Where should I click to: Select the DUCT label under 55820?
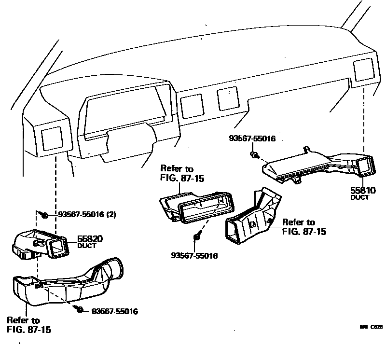coord(87,245)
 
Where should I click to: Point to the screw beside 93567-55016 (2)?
coord(44,214)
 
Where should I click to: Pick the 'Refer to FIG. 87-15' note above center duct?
coord(181,174)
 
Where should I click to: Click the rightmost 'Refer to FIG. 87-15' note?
coord(304,227)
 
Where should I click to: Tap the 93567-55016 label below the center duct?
coord(194,255)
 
